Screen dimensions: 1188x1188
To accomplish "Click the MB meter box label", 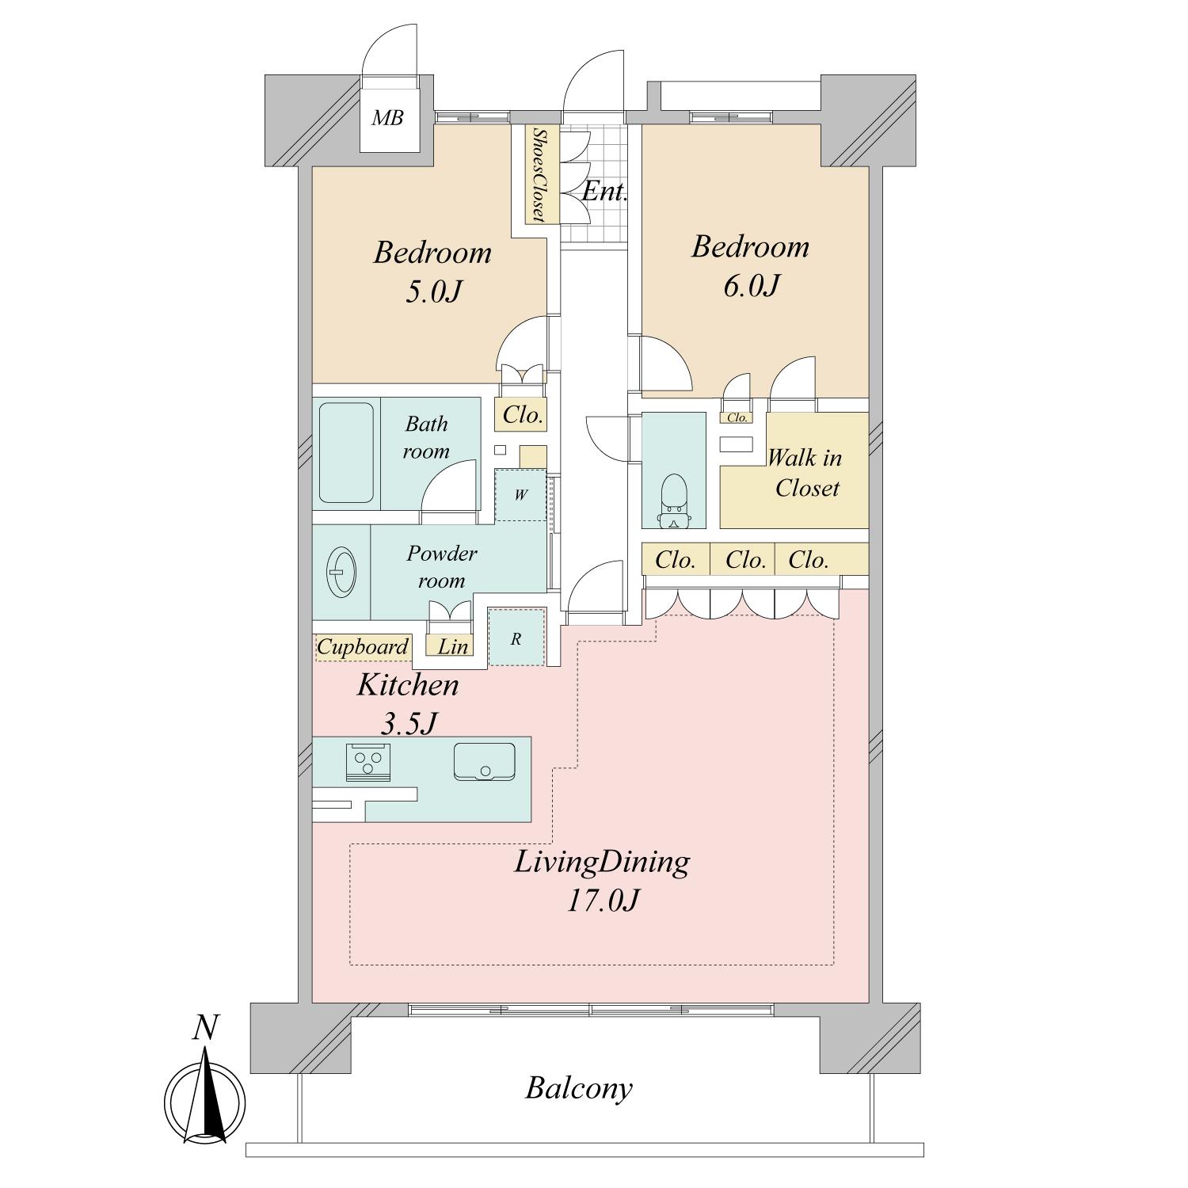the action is [x=388, y=118].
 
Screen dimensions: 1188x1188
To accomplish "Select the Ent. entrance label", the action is [x=605, y=191].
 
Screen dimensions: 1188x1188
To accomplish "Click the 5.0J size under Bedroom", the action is [x=432, y=291].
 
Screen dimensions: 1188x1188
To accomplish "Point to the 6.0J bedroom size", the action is [x=751, y=285].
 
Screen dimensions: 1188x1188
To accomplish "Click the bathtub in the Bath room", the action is [x=346, y=453].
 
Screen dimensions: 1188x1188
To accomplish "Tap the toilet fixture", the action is [x=673, y=501].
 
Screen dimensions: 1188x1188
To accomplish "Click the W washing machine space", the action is [x=520, y=495].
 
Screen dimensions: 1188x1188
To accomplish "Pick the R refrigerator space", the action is [x=516, y=638].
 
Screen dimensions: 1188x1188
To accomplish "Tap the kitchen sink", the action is [x=484, y=761].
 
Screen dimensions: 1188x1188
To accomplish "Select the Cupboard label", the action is [x=363, y=647].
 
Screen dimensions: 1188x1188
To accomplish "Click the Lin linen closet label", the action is [x=453, y=646].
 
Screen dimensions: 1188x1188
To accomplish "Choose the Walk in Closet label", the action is [x=805, y=473].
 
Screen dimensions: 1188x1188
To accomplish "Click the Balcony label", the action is [x=579, y=1088].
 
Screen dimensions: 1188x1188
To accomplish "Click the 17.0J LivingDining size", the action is [x=602, y=901].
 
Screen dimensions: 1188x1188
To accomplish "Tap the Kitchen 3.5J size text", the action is [x=409, y=723].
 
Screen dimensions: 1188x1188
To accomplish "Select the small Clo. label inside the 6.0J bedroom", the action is [x=737, y=417].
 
